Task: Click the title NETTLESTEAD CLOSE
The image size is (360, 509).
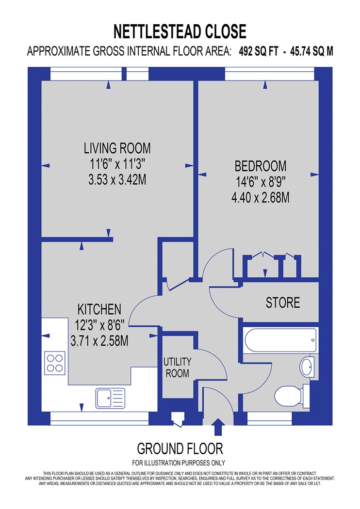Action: coord(180,32)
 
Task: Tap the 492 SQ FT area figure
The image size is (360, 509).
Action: coord(259,51)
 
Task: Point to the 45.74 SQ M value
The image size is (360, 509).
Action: coord(311,51)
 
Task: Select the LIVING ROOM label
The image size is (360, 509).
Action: coord(117,148)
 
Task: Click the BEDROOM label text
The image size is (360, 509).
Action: coord(261,166)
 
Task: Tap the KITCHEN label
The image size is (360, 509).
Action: coord(99,309)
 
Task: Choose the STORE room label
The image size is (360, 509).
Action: coord(283,302)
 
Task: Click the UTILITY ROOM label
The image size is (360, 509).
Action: coord(177,367)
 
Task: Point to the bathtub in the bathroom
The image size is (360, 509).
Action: coord(280,340)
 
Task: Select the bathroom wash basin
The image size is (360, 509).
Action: coord(307,367)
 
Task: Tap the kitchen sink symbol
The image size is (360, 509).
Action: coord(110,398)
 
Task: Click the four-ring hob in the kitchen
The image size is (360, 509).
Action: coord(55,363)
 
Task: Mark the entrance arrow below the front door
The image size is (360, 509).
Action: coord(217,427)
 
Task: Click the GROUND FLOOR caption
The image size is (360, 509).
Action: coord(180,449)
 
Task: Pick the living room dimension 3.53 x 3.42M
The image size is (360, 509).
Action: coord(117,179)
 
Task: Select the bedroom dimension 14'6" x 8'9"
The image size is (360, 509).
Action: coord(261,182)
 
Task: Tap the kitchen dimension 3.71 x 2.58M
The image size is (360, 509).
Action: coord(99,341)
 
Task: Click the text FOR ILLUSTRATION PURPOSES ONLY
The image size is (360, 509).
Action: coord(179,463)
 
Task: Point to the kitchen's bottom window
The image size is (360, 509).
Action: coord(99,419)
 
